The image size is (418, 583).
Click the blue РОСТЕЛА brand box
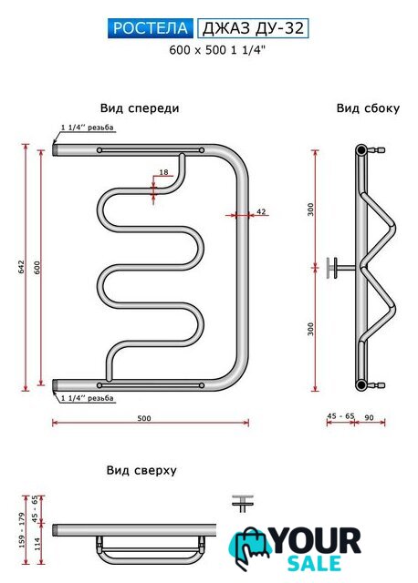tap(151, 28)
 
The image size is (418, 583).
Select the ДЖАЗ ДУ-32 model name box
tap(253, 28)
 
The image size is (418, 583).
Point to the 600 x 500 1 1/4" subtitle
tap(217, 50)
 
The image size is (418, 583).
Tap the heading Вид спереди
tap(140, 108)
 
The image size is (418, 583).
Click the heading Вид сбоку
tap(368, 108)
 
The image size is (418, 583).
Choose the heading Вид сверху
tap(141, 470)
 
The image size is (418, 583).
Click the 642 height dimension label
tap(21, 267)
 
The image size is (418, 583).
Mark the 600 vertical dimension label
tap(37, 268)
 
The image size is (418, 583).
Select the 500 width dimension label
tap(144, 418)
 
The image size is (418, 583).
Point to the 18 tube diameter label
tap(163, 172)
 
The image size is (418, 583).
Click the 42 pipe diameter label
tap(262, 211)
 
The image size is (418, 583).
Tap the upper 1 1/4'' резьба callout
tap(88, 128)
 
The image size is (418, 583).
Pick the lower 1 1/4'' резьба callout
tap(88, 398)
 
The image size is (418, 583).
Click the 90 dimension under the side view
tap(369, 417)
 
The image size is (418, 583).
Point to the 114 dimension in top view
tap(37, 545)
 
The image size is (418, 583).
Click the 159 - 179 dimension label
tap(21, 530)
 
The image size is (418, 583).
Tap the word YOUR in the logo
tap(317, 540)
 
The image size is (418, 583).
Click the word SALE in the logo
tap(315, 564)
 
